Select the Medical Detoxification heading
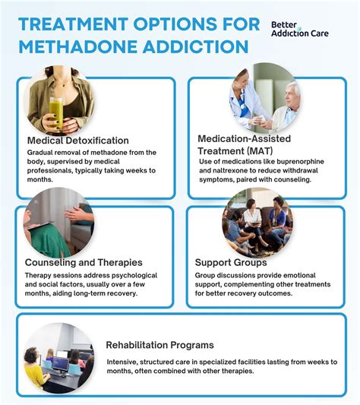78,141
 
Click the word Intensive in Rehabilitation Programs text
125,362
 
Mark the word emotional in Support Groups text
314,275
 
